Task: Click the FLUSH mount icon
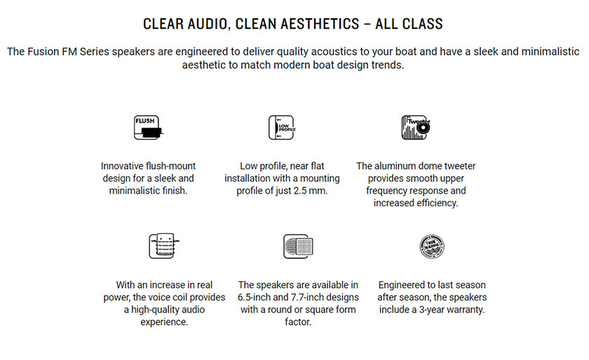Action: point(149,128)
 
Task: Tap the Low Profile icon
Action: point(282,128)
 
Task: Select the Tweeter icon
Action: point(416,128)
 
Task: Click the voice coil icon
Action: point(164,246)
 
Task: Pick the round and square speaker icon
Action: point(298,246)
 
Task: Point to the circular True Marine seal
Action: point(432,246)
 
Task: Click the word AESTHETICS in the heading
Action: point(320,24)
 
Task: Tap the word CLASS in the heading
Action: point(423,24)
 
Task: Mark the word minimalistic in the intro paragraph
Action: point(553,51)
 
